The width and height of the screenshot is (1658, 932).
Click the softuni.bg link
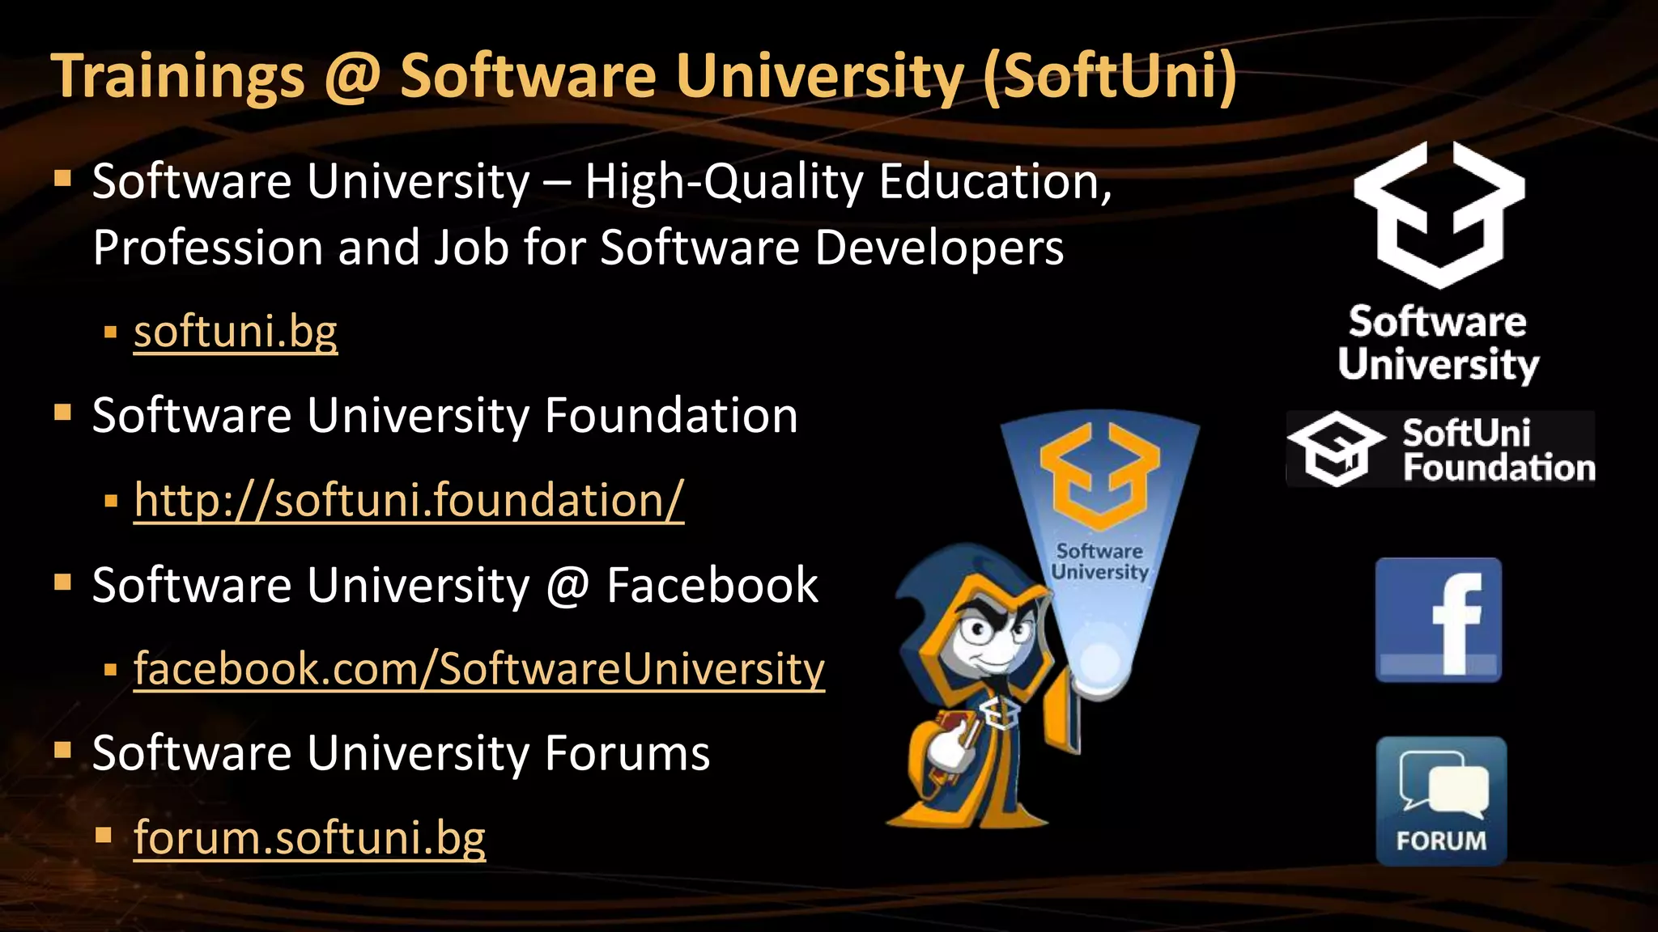pyautogui.click(x=235, y=332)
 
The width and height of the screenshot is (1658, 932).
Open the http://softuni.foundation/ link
pyautogui.click(x=409, y=500)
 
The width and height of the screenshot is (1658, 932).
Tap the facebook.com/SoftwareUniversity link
pyautogui.click(x=479, y=669)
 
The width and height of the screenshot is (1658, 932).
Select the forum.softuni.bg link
pyautogui.click(x=309, y=837)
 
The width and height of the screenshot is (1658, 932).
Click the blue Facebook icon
pyautogui.click(x=1439, y=621)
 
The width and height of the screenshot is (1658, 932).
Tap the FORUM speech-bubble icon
pyautogui.click(x=1441, y=801)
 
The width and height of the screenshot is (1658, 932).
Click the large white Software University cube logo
pyautogui.click(x=1439, y=214)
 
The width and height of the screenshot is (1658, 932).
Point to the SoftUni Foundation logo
pyautogui.click(x=1441, y=450)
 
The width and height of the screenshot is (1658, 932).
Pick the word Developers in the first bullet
pyautogui.click(x=939, y=248)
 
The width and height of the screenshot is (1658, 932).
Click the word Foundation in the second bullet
pyautogui.click(x=671, y=416)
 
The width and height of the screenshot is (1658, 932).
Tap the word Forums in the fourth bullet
pyautogui.click(x=627, y=753)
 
